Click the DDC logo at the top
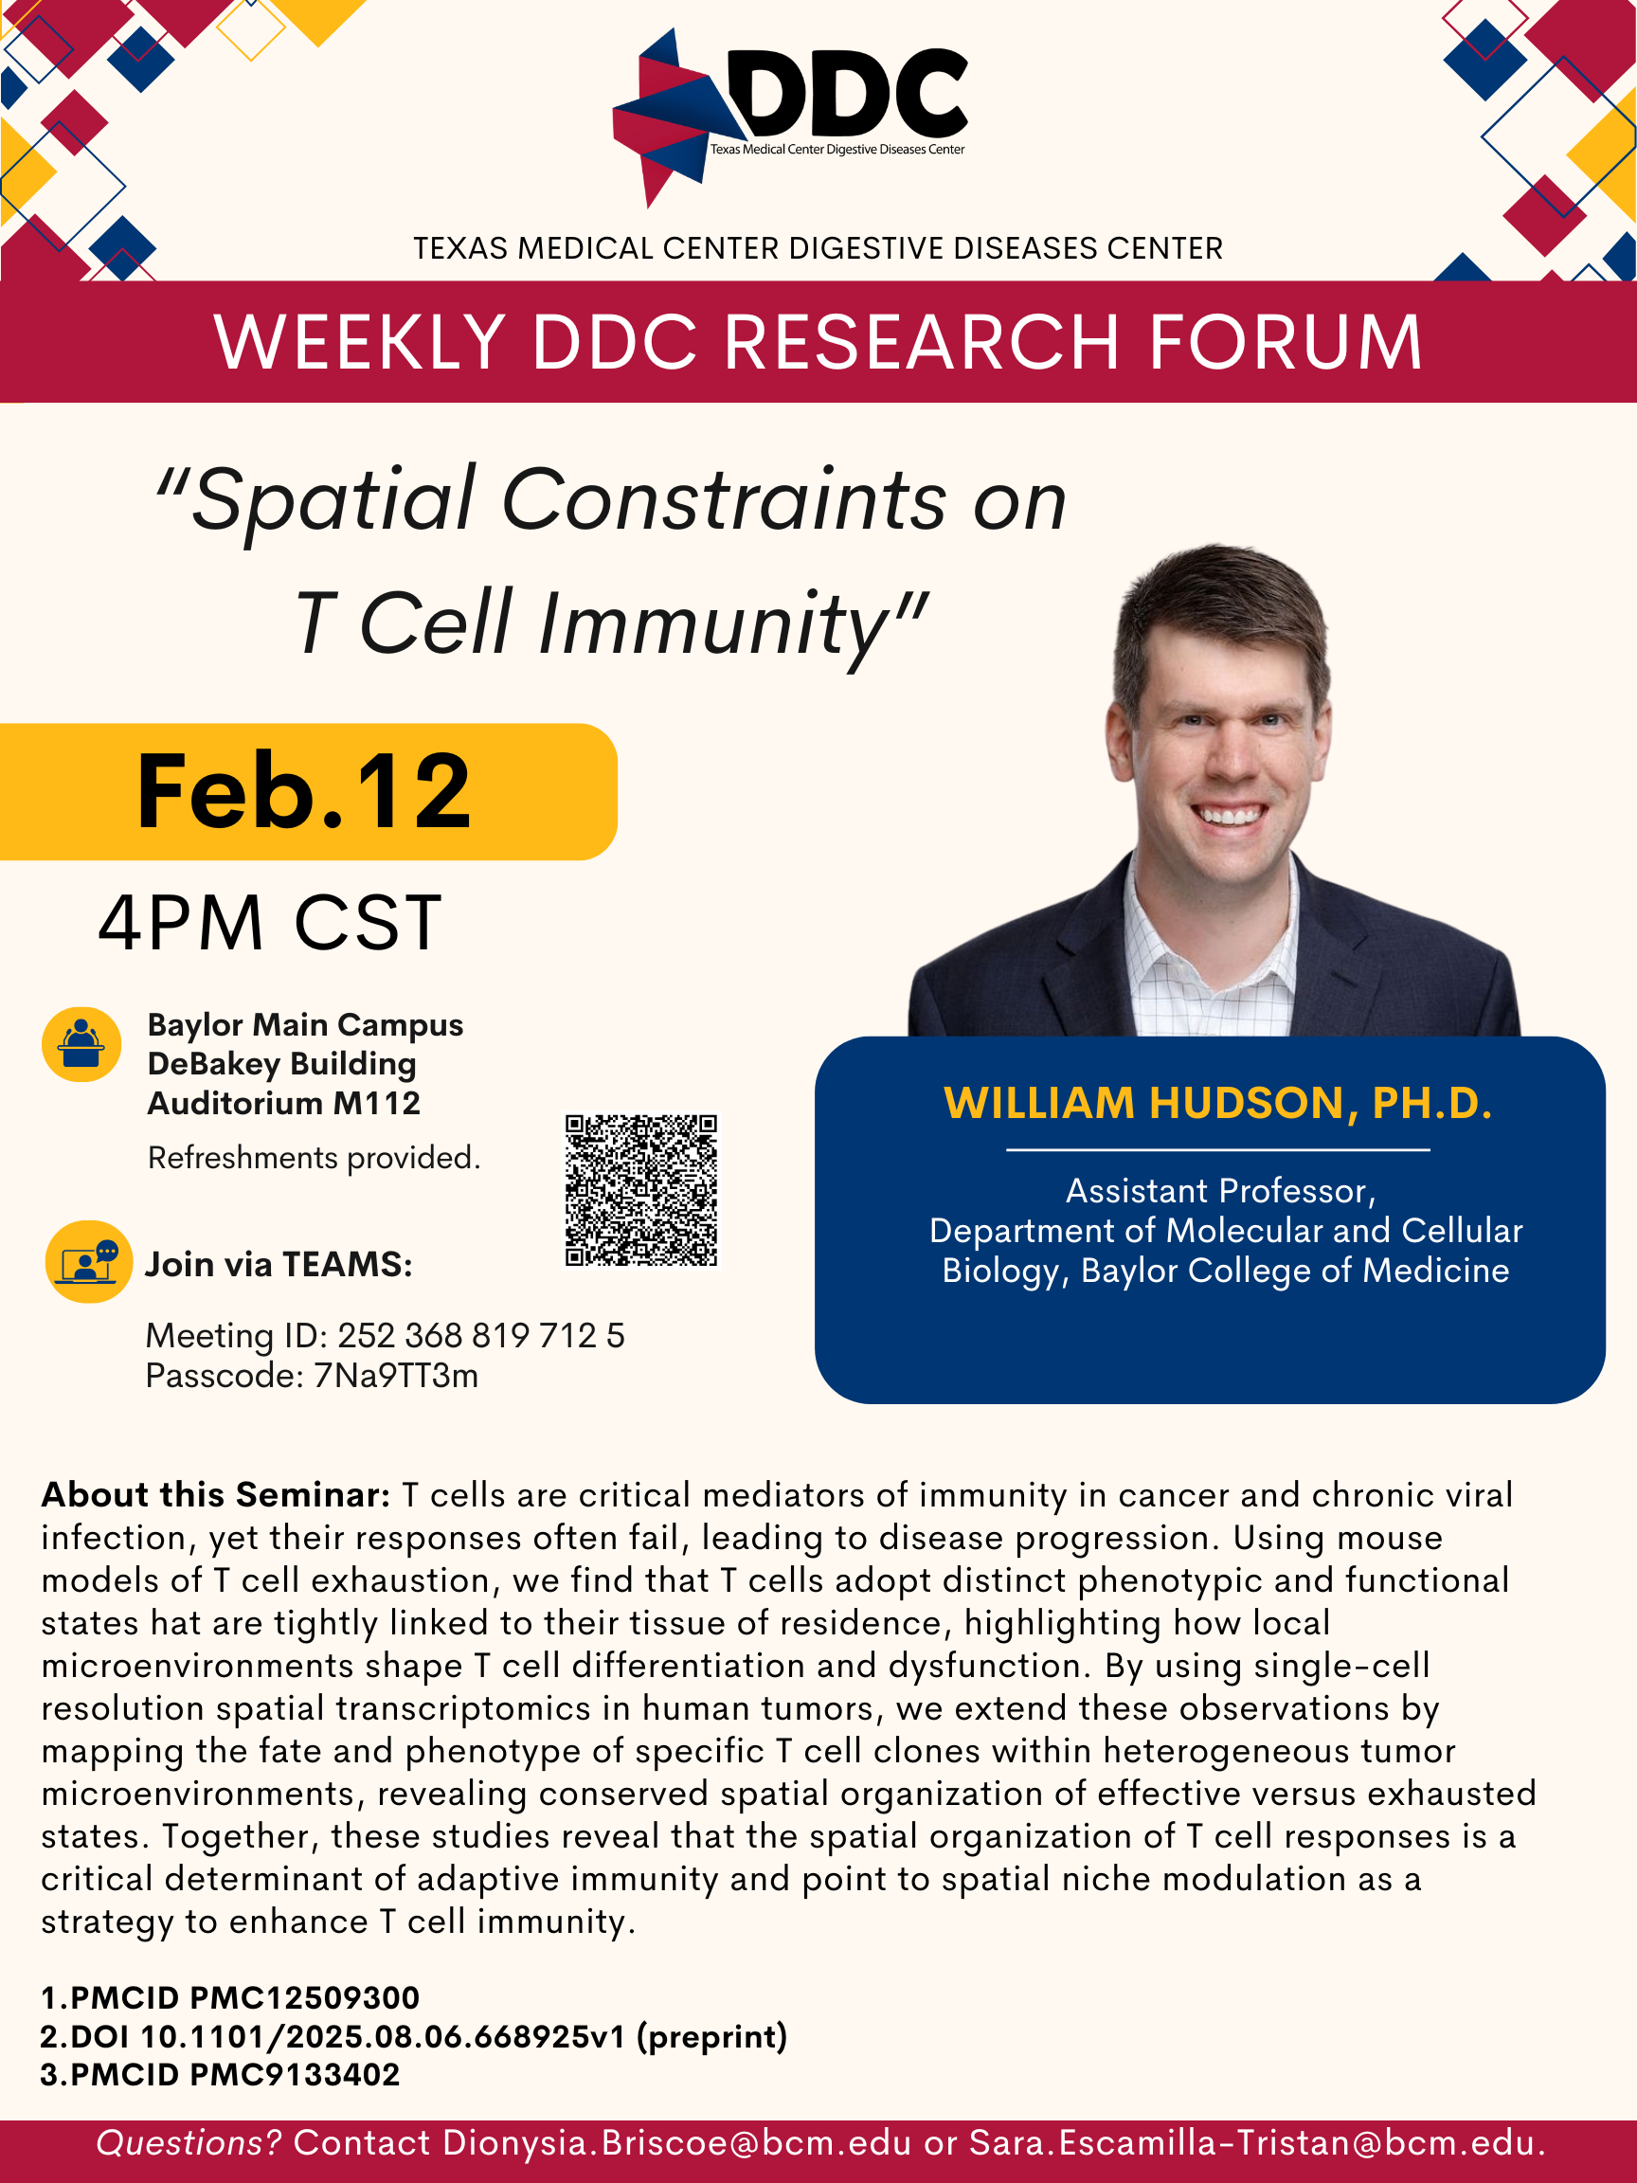[789, 116]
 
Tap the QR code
[641, 1190]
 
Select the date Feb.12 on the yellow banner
[304, 791]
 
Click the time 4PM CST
[269, 923]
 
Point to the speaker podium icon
[81, 1044]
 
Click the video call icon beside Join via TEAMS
[89, 1262]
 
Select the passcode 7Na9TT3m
[396, 1375]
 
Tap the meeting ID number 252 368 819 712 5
[481, 1335]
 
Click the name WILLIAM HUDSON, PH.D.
[1217, 1102]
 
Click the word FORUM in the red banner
[1286, 341]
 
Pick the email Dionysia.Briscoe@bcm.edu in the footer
[677, 2142]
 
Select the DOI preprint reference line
[413, 2036]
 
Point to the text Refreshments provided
[314, 1157]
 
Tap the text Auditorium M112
[284, 1102]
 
